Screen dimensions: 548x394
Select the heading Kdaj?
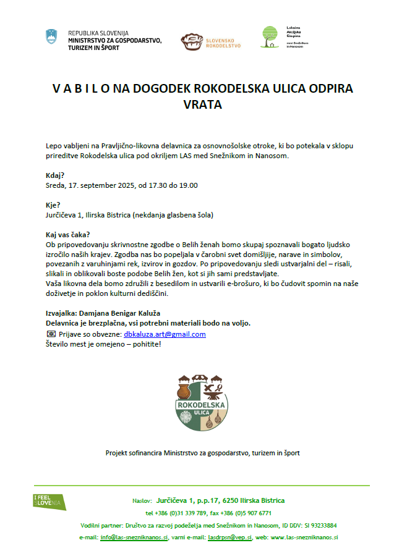[56, 175]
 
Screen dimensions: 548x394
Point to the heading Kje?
[53, 205]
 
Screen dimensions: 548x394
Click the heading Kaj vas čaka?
[68, 235]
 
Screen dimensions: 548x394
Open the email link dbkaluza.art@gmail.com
[165, 334]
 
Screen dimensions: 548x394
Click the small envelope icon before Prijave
[51, 334]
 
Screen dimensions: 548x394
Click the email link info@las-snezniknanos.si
[134, 537]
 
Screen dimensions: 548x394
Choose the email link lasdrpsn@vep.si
[226, 537]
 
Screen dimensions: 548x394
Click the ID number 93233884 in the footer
[321, 525]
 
